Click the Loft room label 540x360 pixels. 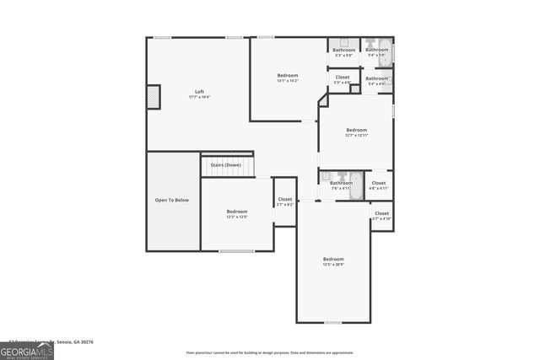[x=199, y=91]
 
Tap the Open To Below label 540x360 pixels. [x=171, y=200]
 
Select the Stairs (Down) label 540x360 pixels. [x=225, y=165]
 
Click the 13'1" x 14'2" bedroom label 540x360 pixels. [x=288, y=76]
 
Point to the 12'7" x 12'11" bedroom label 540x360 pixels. [x=356, y=130]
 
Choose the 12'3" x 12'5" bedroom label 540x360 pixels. [x=236, y=212]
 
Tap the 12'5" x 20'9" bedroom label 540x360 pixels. [x=333, y=259]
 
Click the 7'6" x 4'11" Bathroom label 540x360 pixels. [x=341, y=183]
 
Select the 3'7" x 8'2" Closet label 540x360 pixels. [x=285, y=200]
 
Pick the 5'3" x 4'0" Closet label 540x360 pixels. [x=343, y=78]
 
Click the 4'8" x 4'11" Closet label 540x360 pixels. [x=379, y=183]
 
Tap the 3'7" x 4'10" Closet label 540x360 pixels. [x=381, y=213]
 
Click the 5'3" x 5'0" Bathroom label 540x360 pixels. [x=343, y=50]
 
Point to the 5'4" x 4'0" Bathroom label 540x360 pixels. [x=376, y=78]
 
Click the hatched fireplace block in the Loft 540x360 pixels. [x=154, y=96]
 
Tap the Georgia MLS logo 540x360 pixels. [x=27, y=350]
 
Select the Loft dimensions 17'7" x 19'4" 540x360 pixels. [x=199, y=97]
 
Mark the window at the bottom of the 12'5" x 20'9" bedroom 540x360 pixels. [x=333, y=322]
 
